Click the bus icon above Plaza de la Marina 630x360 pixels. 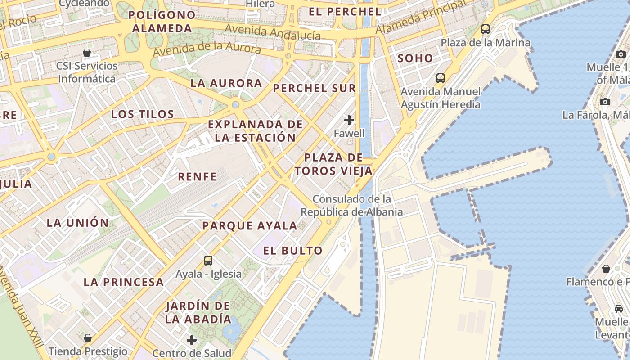point(486,29)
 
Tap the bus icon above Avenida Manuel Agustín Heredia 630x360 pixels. point(441,78)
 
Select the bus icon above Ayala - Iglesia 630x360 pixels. point(208,260)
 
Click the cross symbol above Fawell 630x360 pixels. point(349,120)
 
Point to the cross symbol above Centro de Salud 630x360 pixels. point(192,340)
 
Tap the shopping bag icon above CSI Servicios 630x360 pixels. point(87,53)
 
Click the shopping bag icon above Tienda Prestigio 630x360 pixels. point(88,337)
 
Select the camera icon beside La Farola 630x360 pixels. point(605,102)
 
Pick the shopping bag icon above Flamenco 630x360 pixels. point(606,269)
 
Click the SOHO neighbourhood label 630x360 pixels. point(415,58)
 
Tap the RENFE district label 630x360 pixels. point(198,176)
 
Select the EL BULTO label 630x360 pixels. point(293,251)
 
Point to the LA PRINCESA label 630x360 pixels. point(124,282)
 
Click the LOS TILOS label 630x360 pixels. point(143,114)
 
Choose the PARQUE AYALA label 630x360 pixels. point(250,225)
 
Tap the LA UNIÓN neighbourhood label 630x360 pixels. point(78,222)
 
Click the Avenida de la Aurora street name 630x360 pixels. point(207,49)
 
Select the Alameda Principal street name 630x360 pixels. point(421,18)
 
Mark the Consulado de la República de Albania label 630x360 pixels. point(352,205)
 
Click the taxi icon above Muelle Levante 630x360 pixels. point(619,309)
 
